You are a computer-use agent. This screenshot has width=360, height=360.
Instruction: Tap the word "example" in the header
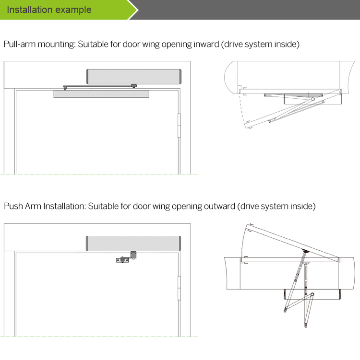point(73,10)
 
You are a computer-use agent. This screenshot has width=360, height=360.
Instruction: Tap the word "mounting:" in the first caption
point(57,45)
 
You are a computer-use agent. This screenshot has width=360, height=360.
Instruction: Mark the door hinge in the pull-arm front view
point(180,126)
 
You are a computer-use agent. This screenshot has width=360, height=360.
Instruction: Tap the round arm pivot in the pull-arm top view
point(313,99)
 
